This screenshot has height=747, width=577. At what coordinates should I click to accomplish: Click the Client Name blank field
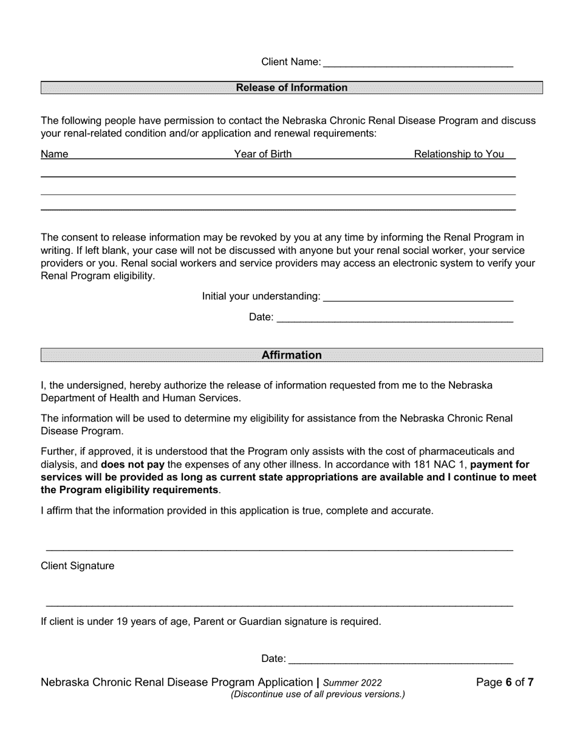(x=418, y=62)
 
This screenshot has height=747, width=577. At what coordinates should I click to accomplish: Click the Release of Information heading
(x=292, y=87)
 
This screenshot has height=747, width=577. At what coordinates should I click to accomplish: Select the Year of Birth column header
(x=263, y=154)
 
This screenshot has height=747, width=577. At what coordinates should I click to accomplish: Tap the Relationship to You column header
(x=459, y=154)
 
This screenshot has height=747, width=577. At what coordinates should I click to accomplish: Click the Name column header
(x=55, y=154)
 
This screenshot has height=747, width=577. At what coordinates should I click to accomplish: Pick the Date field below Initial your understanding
(x=395, y=318)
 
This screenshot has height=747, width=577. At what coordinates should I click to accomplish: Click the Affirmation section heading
(x=292, y=355)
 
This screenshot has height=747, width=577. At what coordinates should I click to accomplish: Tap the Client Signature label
(x=77, y=566)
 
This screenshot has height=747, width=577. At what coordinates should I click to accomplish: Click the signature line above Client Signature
(x=279, y=550)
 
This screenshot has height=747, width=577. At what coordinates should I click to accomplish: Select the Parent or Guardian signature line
(x=279, y=605)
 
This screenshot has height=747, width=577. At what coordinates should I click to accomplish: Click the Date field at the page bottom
(x=400, y=659)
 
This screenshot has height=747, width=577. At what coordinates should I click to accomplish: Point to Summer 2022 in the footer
(x=352, y=683)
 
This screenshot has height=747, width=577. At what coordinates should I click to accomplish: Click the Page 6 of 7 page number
(x=505, y=682)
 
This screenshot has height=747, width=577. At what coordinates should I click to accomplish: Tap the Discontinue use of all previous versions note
(x=317, y=694)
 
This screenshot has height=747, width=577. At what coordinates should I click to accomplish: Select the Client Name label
(x=291, y=62)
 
